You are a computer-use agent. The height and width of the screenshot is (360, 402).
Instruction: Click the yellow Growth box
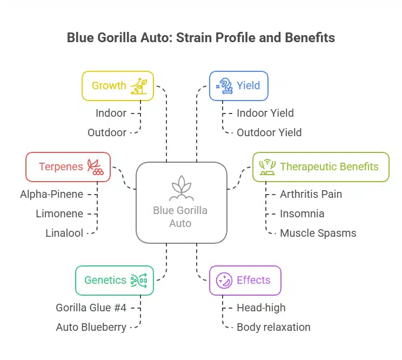pyautogui.click(x=117, y=85)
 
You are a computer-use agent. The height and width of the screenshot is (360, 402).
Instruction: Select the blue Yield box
pyautogui.click(x=238, y=85)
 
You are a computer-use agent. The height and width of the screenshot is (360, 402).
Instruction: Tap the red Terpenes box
pyautogui.click(x=68, y=166)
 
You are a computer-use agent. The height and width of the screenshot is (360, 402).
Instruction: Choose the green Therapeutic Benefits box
pyautogui.click(x=321, y=166)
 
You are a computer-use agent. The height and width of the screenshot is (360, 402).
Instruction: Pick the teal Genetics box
pyautogui.click(x=115, y=280)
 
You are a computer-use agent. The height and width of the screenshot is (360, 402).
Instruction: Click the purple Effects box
pyautogui.click(x=245, y=280)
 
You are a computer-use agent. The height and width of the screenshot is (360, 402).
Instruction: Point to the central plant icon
pyautogui.click(x=180, y=188)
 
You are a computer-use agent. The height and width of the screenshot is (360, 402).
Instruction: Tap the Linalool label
pyautogui.click(x=64, y=233)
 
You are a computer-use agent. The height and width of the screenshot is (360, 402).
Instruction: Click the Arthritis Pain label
pyautogui.click(x=311, y=194)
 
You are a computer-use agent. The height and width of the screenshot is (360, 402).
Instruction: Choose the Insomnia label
pyautogui.click(x=302, y=214)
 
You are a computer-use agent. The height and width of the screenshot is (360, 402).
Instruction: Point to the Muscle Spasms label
pyautogui.click(x=318, y=233)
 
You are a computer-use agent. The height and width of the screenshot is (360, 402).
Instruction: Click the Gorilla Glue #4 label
pyautogui.click(x=91, y=307)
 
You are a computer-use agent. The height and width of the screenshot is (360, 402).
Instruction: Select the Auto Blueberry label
pyautogui.click(x=91, y=327)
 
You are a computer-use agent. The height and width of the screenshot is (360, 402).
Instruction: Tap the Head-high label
pyautogui.click(x=261, y=307)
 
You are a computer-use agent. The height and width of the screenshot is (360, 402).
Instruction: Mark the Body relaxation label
pyautogui.click(x=273, y=327)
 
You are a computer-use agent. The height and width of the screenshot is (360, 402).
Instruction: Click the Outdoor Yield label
pyautogui.click(x=269, y=132)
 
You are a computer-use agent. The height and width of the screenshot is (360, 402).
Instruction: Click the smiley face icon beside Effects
pyautogui.click(x=224, y=280)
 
